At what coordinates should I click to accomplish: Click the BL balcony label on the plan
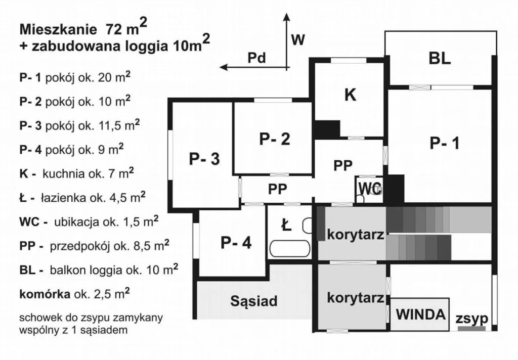(440, 58)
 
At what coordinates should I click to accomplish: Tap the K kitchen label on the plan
(350, 95)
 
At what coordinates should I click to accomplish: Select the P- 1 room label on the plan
(444, 143)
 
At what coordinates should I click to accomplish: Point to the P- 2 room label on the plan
(275, 139)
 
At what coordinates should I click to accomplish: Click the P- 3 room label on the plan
(204, 159)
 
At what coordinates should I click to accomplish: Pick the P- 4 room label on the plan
(236, 243)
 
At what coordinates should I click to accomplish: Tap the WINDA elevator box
(420, 314)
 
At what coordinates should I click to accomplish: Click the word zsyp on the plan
(472, 319)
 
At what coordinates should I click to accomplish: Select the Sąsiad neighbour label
(254, 301)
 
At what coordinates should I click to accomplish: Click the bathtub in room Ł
(290, 248)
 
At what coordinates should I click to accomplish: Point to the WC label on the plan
(370, 188)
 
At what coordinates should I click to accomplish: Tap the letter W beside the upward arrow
(298, 40)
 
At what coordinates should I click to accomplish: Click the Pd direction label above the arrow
(256, 58)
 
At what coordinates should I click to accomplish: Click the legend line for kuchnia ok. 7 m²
(77, 173)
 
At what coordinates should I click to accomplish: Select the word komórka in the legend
(45, 294)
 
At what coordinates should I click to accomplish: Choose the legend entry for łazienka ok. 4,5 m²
(82, 197)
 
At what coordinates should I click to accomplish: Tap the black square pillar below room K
(326, 129)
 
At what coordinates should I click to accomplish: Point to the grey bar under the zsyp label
(472, 328)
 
